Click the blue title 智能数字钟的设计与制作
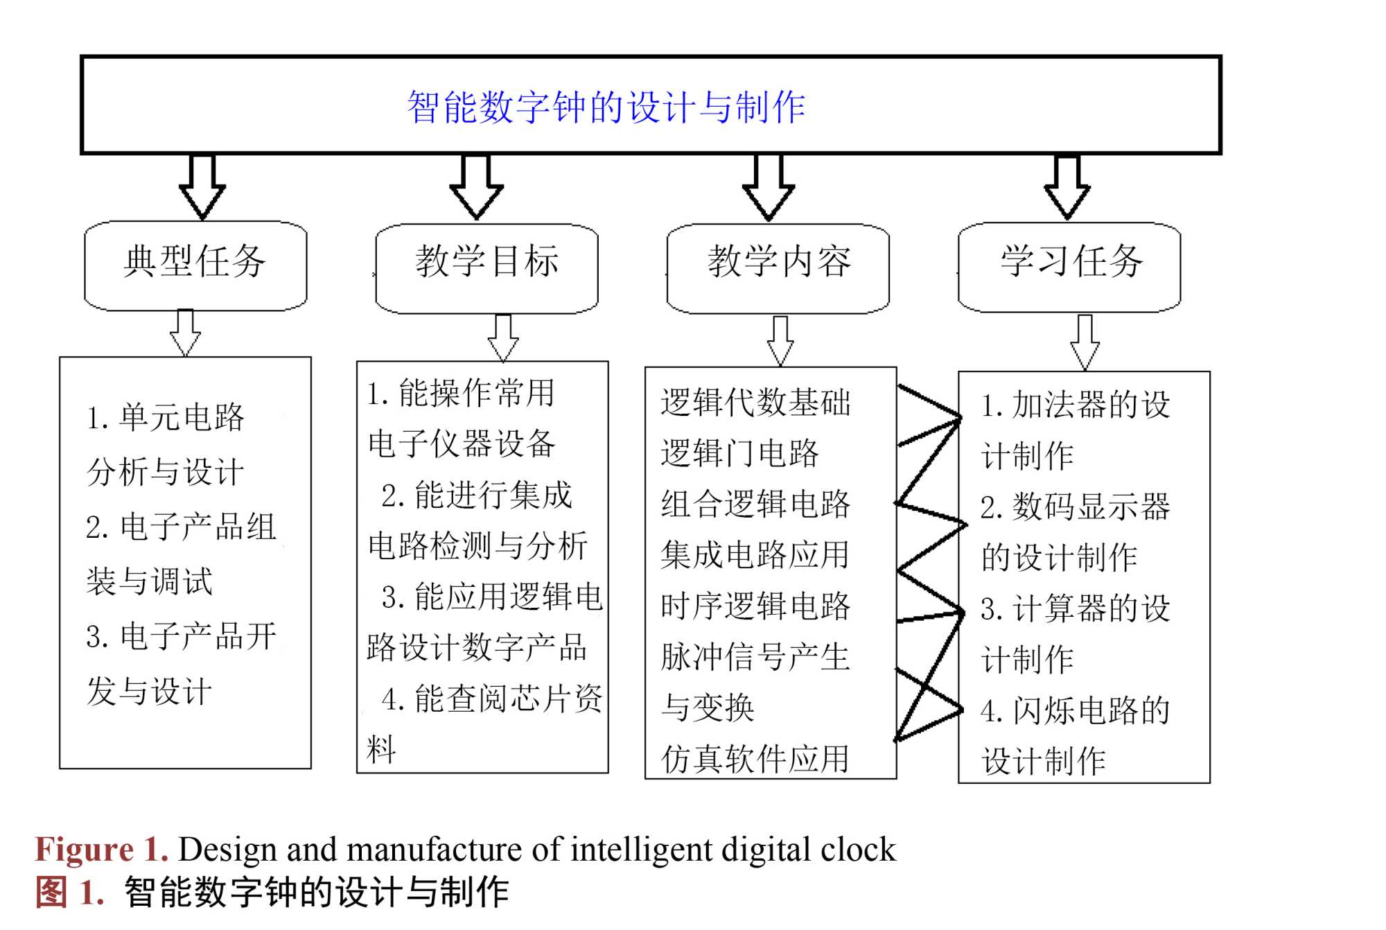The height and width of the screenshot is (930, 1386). (x=606, y=107)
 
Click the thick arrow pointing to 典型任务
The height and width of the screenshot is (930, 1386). (x=202, y=187)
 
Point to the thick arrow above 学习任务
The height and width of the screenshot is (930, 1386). (x=1067, y=187)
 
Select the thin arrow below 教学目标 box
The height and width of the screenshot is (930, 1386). (x=503, y=337)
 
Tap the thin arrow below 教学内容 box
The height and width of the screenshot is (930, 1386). (x=781, y=341)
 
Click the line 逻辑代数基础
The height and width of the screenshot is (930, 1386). (x=755, y=403)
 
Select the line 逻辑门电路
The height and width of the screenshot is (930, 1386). (x=739, y=453)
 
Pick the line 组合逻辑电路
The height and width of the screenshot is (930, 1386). (x=755, y=504)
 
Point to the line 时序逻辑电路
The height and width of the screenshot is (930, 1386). (x=755, y=606)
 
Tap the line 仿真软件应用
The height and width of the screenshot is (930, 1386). (x=755, y=759)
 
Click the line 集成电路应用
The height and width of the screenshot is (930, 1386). (x=755, y=555)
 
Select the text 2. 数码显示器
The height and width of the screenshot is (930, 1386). (x=1075, y=507)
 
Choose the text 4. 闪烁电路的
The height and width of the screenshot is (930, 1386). (x=1075, y=710)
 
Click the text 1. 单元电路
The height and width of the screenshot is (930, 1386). (x=165, y=417)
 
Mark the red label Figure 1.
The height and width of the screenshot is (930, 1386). (x=102, y=850)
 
